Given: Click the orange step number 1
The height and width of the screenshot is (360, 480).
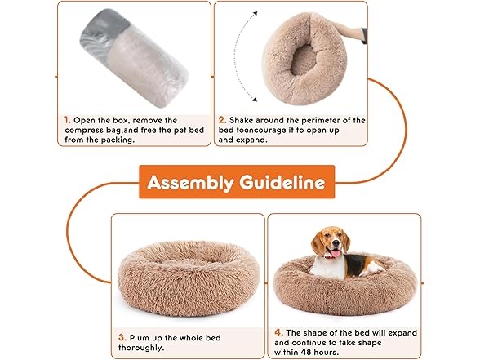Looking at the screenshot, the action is click(67, 120).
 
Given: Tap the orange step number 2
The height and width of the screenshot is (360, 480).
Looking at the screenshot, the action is click(223, 120).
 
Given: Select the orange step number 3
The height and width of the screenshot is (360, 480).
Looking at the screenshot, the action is click(122, 338).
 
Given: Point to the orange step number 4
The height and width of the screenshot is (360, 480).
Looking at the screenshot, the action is click(278, 332).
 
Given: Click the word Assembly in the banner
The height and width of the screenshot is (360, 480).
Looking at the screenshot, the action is click(190, 183).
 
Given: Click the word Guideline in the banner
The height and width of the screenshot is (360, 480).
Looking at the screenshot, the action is click(282, 182).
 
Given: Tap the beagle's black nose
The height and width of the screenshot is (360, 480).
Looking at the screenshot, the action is click(336, 244).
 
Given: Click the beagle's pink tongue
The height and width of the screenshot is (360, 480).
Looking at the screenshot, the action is click(336, 253).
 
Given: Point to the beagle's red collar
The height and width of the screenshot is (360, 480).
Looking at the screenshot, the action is click(330, 257).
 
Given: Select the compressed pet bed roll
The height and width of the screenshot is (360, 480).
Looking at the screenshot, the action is click(134, 57).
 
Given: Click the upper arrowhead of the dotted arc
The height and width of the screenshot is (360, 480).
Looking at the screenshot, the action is click(255, 13).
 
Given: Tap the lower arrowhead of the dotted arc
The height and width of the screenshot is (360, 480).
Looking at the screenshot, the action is click(255, 99).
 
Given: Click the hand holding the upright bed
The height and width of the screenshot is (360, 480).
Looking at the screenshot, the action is click(349, 29).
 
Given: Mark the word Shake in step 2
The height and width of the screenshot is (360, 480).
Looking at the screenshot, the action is click(242, 120).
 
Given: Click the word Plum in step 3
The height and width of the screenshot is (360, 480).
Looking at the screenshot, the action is click(140, 338).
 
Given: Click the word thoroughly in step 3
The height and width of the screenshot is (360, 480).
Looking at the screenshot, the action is click(141, 349).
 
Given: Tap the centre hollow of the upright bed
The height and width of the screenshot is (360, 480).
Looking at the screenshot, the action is click(303, 60).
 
